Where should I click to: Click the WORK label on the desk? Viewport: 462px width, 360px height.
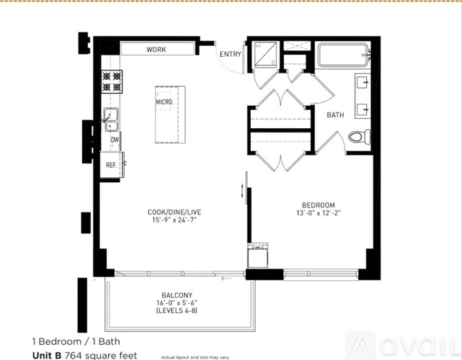pos(156,50)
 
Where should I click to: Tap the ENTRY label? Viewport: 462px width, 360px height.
pos(230,54)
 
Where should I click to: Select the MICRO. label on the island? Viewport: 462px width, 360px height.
pos(164,102)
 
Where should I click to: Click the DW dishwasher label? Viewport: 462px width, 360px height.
pos(115,140)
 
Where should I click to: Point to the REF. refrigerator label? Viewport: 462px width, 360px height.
pos(112,165)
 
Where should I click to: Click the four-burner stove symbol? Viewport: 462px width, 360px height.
pos(112,81)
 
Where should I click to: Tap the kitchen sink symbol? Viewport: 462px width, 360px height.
pos(112,117)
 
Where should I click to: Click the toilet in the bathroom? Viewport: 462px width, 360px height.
pos(358,136)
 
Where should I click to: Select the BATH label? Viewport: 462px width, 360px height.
pos(335,114)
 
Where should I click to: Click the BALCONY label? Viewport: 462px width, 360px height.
pos(177,294)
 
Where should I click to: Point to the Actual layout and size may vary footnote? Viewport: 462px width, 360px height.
pos(195,356)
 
